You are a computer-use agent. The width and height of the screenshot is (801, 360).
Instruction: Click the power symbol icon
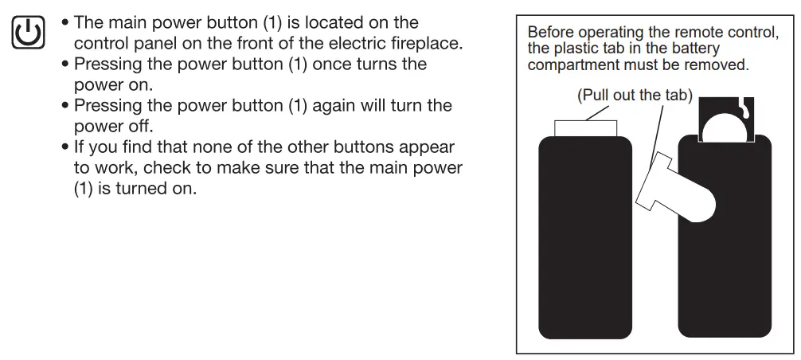[28, 33]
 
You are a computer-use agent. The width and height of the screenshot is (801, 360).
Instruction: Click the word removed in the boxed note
[720, 65]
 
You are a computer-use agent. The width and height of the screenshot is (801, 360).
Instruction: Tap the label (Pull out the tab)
[635, 96]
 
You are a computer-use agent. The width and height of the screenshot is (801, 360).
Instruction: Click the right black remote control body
[725, 271]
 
